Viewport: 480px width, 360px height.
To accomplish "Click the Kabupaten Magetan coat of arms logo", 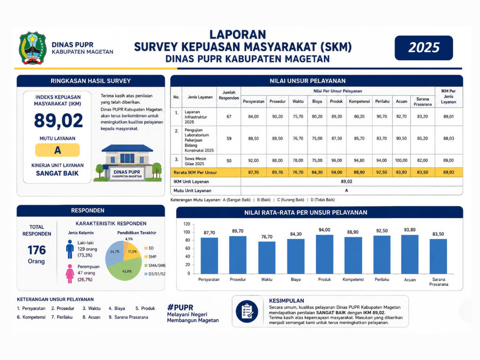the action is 32,48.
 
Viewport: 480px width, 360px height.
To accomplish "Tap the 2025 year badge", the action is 424,48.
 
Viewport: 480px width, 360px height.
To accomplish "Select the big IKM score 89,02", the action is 58,120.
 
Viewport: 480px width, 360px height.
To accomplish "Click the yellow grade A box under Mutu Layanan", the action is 58,150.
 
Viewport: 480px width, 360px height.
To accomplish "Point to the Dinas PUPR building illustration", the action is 127,163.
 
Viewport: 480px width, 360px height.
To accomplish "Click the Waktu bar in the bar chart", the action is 267,257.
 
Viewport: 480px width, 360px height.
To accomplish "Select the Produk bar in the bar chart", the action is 324,254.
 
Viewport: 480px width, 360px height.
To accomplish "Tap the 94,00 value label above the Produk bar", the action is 324,230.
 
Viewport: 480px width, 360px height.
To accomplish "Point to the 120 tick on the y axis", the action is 187,224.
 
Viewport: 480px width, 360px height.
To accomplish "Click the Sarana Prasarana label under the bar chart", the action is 438,282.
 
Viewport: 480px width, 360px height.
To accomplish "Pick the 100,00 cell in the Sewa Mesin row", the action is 401,160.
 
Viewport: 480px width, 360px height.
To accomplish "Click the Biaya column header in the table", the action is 317,101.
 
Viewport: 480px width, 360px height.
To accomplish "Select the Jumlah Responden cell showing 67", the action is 229,117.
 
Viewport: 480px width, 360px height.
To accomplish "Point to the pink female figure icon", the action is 70,274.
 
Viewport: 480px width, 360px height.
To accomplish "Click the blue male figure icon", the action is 70,249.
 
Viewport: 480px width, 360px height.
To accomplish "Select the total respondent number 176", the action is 37,250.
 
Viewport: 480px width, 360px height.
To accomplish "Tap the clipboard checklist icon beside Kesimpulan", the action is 247,312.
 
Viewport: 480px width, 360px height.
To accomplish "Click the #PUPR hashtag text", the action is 180,307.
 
